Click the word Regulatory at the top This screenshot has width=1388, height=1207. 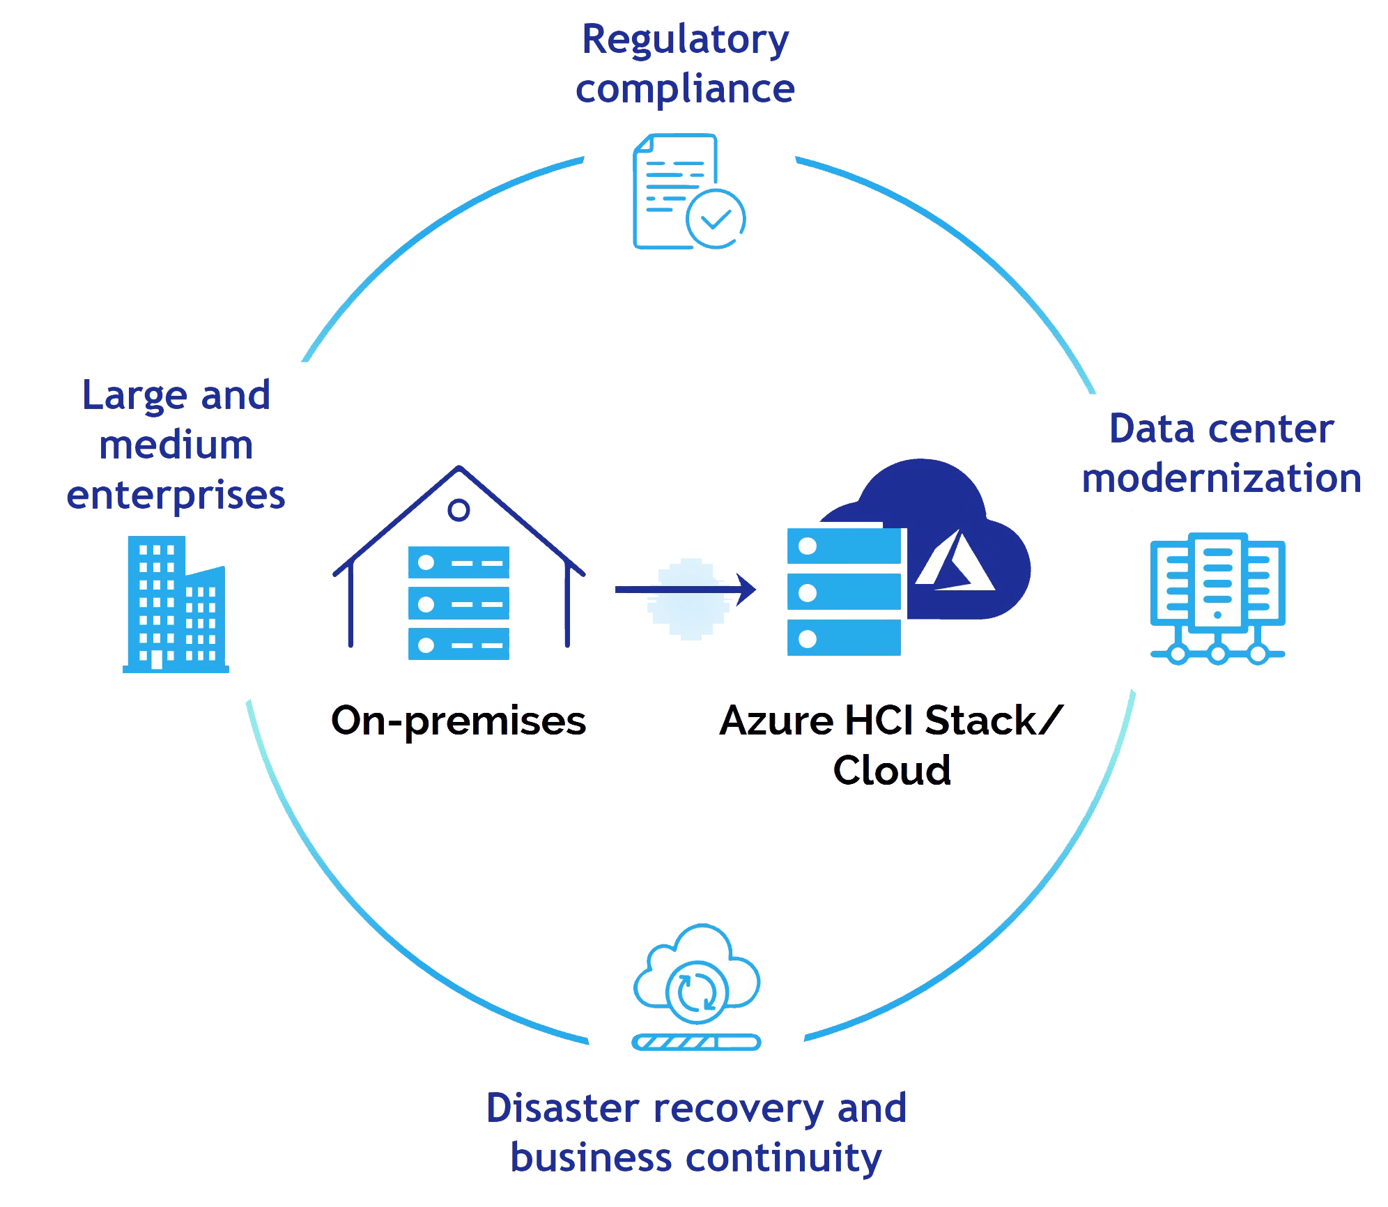[686, 41]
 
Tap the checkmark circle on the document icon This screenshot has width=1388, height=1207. [716, 219]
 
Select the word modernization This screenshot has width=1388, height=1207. [1221, 479]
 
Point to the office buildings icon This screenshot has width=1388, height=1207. [176, 603]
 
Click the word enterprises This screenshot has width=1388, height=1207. [176, 495]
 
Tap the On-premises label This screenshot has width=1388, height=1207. [458, 721]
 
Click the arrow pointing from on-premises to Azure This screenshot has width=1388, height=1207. [686, 590]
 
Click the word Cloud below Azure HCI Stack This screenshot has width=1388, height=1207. [892, 771]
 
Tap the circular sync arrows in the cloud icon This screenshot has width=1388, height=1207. [695, 992]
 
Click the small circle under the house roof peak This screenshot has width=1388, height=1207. [458, 510]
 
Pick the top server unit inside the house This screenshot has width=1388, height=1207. [458, 562]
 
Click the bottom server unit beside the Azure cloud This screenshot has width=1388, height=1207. [844, 638]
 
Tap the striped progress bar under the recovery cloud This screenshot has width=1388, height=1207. [695, 1043]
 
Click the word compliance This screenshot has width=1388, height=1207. [686, 90]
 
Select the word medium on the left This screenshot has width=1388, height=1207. [176, 446]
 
